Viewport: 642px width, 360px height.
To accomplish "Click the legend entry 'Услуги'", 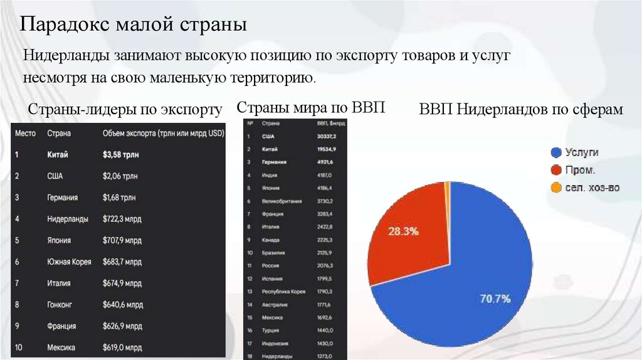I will (x=581, y=152).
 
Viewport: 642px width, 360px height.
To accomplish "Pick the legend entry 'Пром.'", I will (x=580, y=169).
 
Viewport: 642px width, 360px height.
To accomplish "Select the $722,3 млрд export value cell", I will (x=122, y=219).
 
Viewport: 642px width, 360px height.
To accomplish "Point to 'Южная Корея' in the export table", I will (x=69, y=262).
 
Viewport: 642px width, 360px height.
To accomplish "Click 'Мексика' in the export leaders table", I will (x=61, y=347).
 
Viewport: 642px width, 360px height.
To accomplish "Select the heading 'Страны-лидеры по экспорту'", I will (x=125, y=109).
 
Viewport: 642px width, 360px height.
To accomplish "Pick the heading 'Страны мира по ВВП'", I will (x=310, y=107).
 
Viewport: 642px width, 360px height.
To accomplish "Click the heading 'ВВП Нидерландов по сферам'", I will (x=521, y=109).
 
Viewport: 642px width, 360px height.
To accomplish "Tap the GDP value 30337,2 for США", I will (x=328, y=136).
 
